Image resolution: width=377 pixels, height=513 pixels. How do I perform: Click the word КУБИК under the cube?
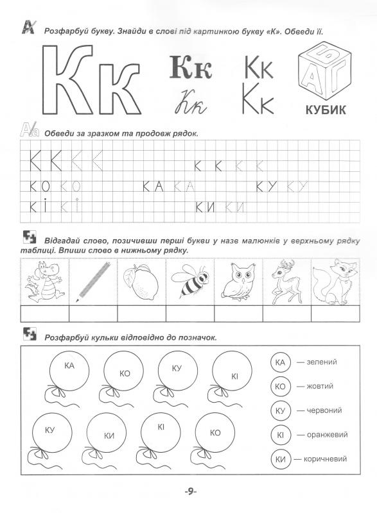point(322,110)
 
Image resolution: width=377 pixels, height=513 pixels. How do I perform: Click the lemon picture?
point(141,281)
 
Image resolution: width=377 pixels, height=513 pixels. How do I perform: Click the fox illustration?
point(334,281)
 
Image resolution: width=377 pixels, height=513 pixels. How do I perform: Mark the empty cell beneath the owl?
point(237,313)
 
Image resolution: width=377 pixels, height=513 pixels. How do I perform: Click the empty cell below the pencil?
point(93,313)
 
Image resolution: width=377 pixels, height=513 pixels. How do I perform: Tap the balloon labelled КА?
point(70,370)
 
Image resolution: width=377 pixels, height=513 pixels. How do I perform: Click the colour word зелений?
point(322,363)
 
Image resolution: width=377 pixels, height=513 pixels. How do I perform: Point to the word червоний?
point(325,410)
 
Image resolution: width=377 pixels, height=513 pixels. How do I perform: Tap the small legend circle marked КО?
point(279,387)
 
